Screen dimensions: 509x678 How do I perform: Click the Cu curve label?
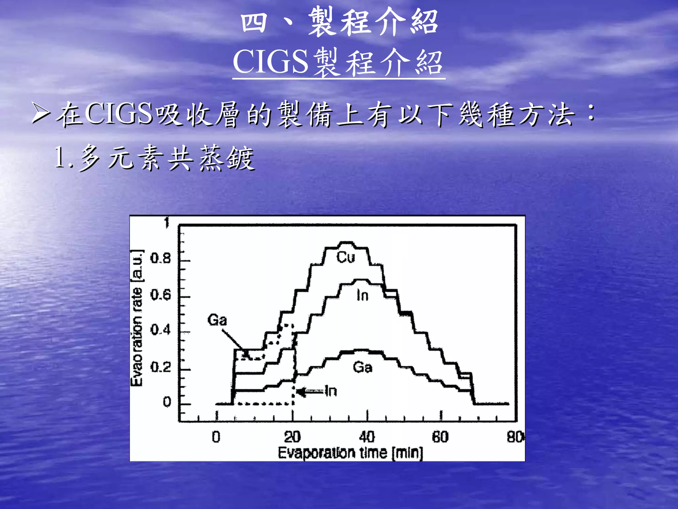(346, 257)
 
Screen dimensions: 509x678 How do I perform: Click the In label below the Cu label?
(363, 295)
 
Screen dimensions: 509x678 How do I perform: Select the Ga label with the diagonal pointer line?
(217, 320)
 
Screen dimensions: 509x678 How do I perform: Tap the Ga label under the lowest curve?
(363, 367)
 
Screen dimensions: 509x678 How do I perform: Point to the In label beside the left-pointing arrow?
(331, 391)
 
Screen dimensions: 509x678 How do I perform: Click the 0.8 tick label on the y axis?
(161, 259)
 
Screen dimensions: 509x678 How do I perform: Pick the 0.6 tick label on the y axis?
(161, 294)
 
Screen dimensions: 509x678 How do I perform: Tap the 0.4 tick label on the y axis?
(161, 330)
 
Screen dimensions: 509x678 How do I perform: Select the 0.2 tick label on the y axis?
(161, 367)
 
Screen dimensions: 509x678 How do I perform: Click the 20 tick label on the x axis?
(292, 437)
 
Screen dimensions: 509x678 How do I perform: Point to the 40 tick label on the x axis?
(367, 437)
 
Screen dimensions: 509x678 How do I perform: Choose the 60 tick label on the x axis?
(440, 437)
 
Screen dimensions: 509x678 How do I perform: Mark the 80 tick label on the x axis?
(515, 437)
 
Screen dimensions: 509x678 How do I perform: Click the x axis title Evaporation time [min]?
(350, 453)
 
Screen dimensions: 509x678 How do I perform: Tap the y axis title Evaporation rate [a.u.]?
(137, 318)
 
